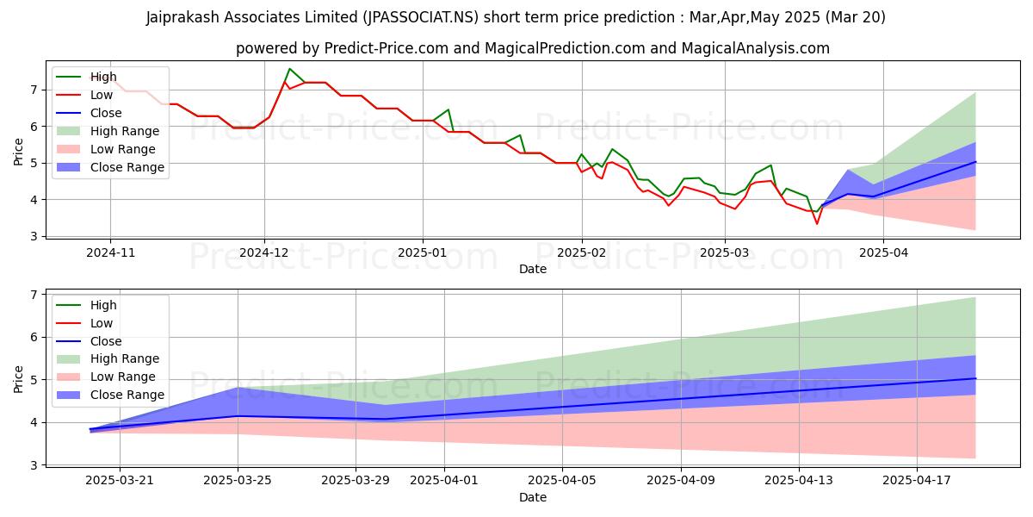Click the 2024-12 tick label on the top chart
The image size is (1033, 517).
click(x=264, y=254)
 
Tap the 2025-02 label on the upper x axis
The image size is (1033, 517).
click(x=581, y=254)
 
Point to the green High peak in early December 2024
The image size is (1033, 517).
click(x=289, y=69)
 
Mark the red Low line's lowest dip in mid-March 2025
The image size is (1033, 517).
click(x=817, y=224)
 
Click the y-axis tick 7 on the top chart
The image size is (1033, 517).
click(x=34, y=90)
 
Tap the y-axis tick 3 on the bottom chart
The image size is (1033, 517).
click(x=34, y=465)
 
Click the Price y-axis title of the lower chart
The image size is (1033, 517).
click(x=19, y=379)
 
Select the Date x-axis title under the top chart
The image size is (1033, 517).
click(x=533, y=269)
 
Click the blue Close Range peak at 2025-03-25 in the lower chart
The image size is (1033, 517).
click(x=238, y=389)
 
